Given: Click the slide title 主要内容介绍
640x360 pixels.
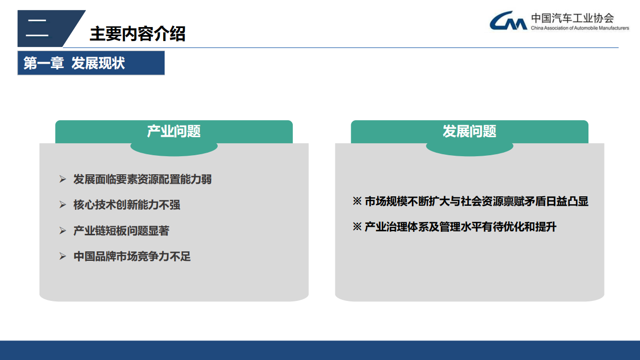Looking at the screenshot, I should click(x=138, y=34).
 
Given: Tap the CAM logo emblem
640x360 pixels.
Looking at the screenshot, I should click(x=508, y=21).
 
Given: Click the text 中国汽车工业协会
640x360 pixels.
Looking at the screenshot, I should click(x=572, y=18).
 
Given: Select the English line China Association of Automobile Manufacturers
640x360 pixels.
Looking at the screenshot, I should click(x=579, y=29).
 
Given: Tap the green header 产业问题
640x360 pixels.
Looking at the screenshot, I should click(x=174, y=132).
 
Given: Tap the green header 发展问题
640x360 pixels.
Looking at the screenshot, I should click(x=469, y=132).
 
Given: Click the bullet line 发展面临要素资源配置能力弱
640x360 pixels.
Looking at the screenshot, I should click(x=143, y=179).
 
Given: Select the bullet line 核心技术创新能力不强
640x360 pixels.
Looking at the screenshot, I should click(x=127, y=205).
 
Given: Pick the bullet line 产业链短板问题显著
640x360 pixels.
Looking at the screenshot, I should click(x=121, y=231).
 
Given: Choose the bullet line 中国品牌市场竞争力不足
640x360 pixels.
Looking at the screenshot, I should click(x=132, y=257).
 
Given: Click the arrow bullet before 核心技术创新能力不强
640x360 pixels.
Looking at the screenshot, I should click(x=63, y=205).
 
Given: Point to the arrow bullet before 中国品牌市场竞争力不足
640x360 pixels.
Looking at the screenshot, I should click(x=63, y=257).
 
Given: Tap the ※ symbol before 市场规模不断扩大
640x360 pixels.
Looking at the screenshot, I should click(x=357, y=202).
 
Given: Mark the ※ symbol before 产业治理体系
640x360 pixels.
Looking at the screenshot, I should click(x=357, y=227).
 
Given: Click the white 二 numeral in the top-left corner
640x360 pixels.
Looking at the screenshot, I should click(x=37, y=28).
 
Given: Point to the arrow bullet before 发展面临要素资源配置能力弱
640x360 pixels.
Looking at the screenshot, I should click(x=63, y=179).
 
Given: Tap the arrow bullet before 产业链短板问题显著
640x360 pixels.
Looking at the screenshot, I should click(x=63, y=231).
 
